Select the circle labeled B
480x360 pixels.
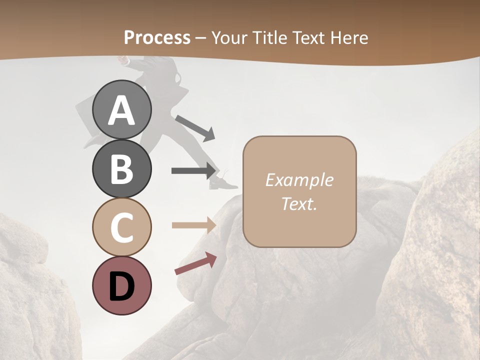122,168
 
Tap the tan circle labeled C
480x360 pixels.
122,227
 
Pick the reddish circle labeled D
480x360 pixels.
122,286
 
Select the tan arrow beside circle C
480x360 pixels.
193,225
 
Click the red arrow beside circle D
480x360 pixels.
195,263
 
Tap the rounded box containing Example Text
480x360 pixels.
299,191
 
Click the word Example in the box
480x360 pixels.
299,180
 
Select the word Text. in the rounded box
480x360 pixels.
299,203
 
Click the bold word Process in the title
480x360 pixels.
157,37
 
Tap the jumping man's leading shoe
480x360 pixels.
223,184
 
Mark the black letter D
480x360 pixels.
122,286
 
